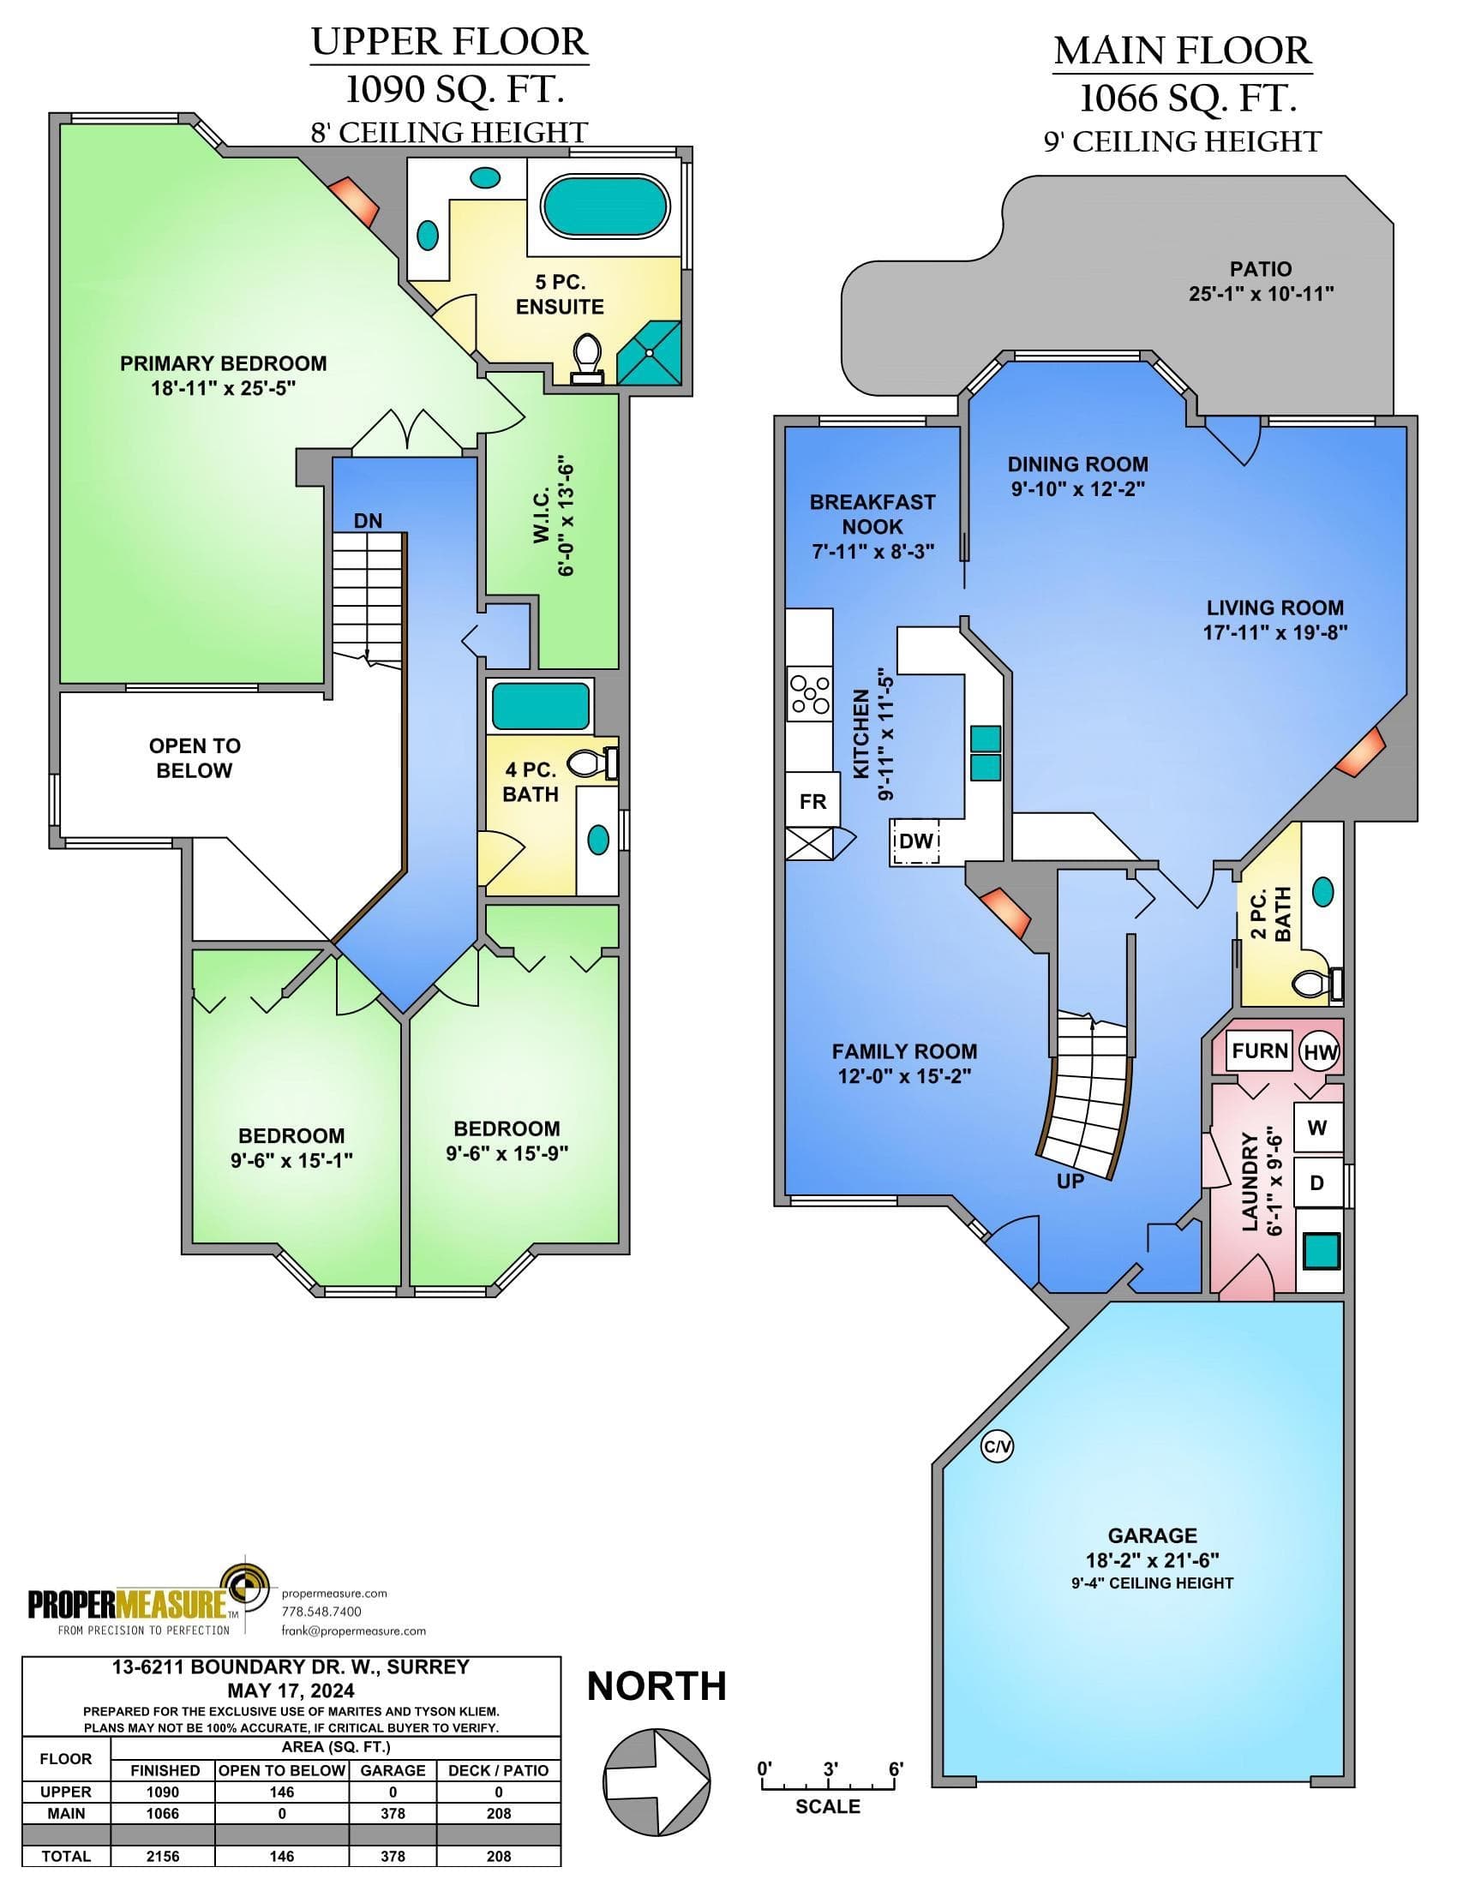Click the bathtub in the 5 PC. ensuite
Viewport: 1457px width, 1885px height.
[x=604, y=207]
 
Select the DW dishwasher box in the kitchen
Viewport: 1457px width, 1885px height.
[x=916, y=841]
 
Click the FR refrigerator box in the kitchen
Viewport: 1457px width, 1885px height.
[x=812, y=801]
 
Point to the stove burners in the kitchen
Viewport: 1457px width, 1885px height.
[x=810, y=694]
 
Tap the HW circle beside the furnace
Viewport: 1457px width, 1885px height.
[x=1320, y=1052]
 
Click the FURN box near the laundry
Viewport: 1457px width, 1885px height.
[x=1259, y=1050]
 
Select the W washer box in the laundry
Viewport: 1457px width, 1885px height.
[x=1318, y=1128]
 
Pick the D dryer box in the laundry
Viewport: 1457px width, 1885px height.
[x=1318, y=1182]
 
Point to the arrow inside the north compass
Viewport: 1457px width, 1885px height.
[x=657, y=1782]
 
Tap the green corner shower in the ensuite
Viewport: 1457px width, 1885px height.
[x=649, y=353]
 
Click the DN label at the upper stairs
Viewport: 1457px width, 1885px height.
[x=368, y=520]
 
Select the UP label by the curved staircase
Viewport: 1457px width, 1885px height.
[x=1070, y=1182]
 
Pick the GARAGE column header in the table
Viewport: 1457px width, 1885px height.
[x=393, y=1770]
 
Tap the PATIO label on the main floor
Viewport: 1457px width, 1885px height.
[x=1261, y=269]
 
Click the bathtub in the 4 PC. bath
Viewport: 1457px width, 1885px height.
[x=540, y=707]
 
